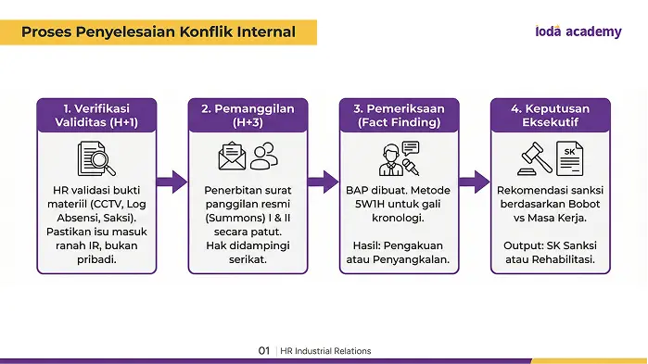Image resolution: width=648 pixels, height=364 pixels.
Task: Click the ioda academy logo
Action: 578,31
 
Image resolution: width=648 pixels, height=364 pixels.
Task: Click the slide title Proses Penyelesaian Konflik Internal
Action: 159,31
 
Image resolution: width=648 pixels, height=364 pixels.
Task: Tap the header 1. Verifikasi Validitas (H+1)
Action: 96,115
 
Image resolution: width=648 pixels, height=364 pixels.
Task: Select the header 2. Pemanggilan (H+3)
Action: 248,115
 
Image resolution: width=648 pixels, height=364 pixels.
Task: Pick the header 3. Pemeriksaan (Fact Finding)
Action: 400,115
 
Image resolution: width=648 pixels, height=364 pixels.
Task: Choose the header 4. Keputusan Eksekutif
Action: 551,115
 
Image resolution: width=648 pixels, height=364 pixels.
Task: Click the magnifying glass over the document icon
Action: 103,162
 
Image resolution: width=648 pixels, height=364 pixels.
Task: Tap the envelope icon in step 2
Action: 232,156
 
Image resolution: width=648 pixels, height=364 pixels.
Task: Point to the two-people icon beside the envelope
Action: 264,156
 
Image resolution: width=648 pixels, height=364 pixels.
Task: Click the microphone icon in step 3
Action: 411,167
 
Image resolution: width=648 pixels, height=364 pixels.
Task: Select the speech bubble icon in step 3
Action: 411,148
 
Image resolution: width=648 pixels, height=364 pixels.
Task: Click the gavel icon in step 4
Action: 535,158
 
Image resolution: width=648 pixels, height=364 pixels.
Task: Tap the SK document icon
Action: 569,158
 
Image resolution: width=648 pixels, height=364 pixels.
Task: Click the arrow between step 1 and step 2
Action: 172,182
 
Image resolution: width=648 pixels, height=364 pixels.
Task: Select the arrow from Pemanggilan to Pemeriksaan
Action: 324,182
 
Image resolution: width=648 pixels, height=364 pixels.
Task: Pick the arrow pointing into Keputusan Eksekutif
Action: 475,182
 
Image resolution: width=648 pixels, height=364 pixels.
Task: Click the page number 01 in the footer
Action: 264,351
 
